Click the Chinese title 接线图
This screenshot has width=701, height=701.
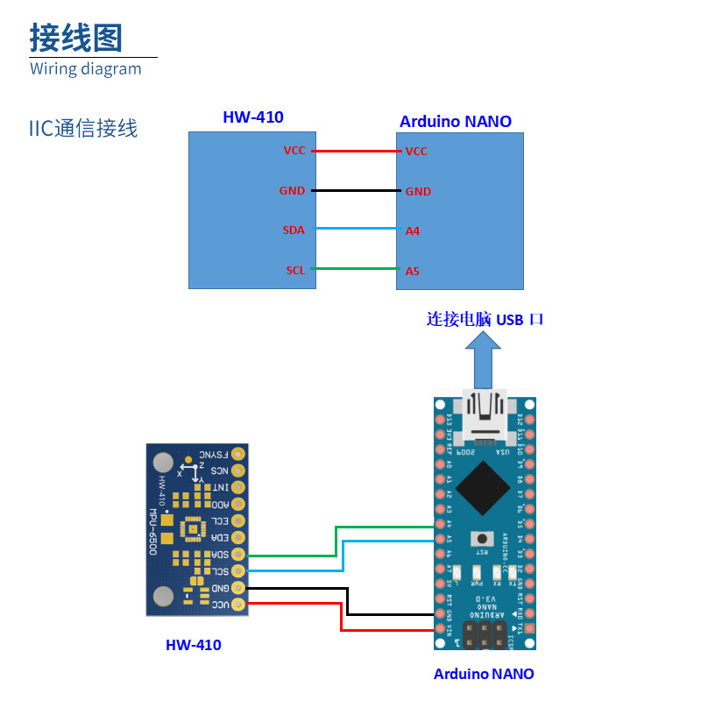click(x=75, y=38)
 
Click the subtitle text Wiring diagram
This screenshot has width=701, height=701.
click(x=85, y=69)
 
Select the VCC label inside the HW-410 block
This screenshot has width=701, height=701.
click(x=294, y=151)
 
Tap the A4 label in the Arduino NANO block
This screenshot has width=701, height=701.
click(x=412, y=230)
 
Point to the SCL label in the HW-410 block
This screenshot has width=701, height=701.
click(x=295, y=270)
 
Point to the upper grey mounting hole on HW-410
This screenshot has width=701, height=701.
click(x=163, y=462)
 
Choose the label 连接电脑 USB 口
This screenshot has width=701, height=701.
click(x=485, y=319)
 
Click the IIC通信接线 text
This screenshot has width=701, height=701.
click(x=83, y=129)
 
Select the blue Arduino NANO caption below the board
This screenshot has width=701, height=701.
click(x=484, y=674)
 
